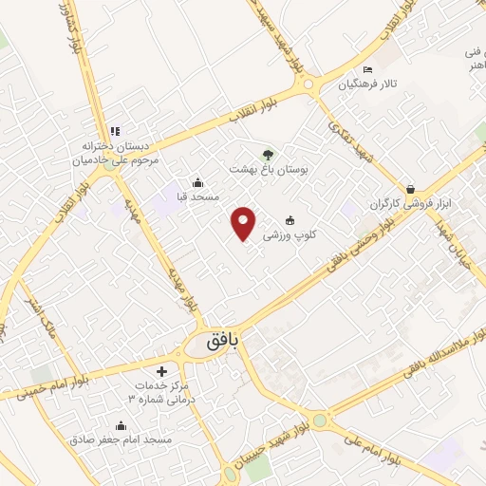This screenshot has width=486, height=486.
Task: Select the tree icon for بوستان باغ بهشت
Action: click(x=269, y=154)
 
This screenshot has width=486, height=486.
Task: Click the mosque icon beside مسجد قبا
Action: click(x=197, y=182)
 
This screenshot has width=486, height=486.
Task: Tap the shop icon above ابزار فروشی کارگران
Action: click(x=410, y=189)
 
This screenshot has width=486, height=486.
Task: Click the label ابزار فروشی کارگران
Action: click(x=408, y=204)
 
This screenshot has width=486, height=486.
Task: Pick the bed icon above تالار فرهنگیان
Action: click(x=368, y=70)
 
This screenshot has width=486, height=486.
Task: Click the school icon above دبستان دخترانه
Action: click(x=115, y=131)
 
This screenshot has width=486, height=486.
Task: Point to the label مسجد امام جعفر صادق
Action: click(x=120, y=440)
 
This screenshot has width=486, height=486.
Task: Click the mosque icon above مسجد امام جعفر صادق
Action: click(x=121, y=425)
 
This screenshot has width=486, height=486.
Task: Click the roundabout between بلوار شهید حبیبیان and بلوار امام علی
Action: click(x=319, y=421)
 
